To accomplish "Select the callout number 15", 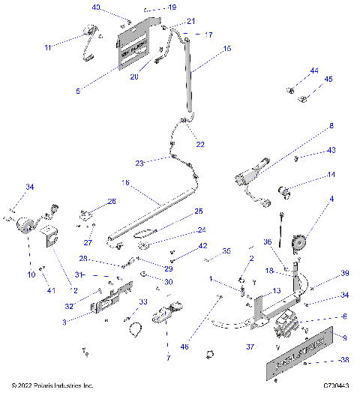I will click(x=227, y=49).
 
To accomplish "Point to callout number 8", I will click(x=331, y=127).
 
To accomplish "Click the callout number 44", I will click(x=314, y=71).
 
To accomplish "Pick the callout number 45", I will click(x=328, y=79).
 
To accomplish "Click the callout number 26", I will click(x=111, y=201).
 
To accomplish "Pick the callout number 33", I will click(x=141, y=301).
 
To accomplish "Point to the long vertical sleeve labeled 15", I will click(x=189, y=75).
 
